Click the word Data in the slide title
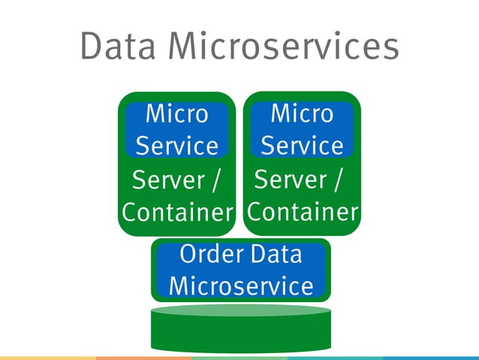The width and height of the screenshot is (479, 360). pos(119,47)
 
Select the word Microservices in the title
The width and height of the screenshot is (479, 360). pos(282,47)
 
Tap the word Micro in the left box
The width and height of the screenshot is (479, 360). pos(176,114)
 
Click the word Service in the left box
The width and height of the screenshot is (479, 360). pos(176,145)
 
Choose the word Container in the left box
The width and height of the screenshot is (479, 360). pos(177,213)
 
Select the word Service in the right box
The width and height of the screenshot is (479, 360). pos(302,144)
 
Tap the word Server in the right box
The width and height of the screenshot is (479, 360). pos(291,180)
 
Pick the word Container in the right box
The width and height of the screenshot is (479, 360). pos(302,213)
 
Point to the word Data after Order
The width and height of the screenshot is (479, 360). pos(276,255)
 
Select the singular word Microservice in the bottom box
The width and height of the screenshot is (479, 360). pos(240,286)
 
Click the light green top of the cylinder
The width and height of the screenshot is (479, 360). pos(240,310)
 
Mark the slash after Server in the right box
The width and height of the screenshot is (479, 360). pos(338,181)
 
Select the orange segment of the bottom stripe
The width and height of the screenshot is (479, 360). pos(143,358)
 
